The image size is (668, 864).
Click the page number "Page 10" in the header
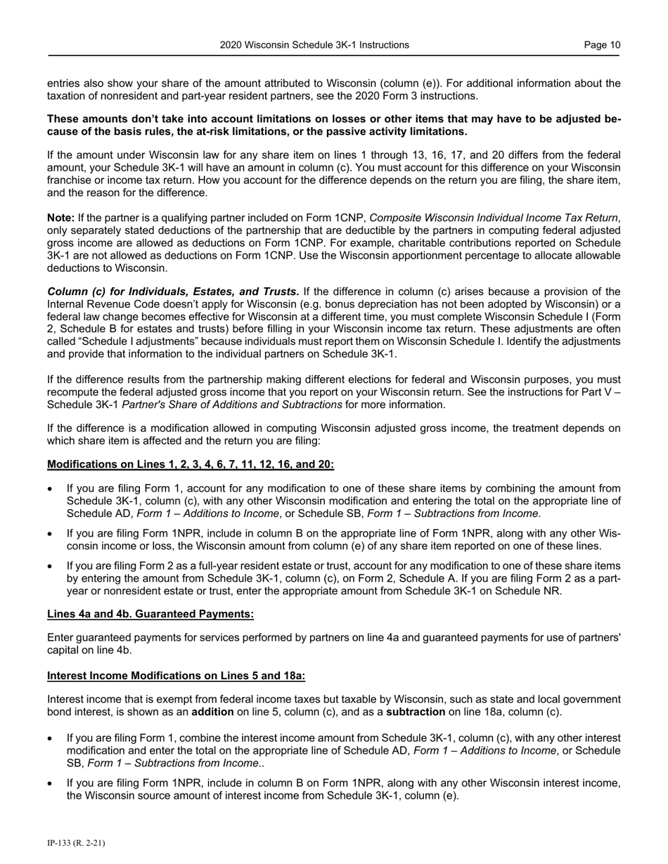click(x=602, y=45)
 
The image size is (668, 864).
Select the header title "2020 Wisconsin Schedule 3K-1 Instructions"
click(x=314, y=45)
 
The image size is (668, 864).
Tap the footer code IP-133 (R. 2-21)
click(x=76, y=843)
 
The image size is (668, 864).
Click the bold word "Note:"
click(x=60, y=218)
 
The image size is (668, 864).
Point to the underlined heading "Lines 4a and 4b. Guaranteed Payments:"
click(x=150, y=614)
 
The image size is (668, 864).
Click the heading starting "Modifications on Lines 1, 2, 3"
click(x=191, y=464)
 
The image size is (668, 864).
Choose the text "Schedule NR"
click(x=532, y=591)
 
